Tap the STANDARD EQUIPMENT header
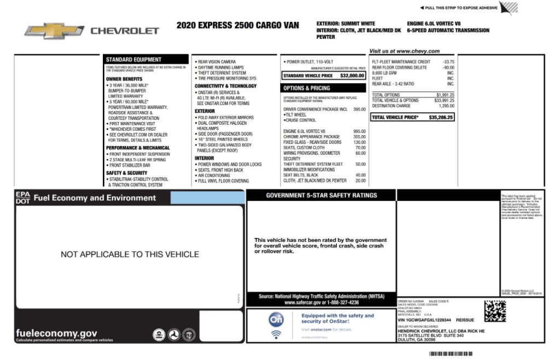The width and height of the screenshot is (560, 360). (133, 59)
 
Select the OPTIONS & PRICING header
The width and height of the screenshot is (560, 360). (306, 88)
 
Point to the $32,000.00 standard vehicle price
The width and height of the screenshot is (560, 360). (352, 76)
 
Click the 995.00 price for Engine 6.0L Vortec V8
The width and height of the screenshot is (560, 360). (359, 131)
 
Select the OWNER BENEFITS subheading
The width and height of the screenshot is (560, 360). (124, 79)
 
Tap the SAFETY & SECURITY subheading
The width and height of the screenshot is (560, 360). (126, 173)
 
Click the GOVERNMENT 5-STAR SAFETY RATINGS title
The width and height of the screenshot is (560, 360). (321, 195)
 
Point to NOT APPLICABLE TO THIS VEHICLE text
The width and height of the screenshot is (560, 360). (130, 254)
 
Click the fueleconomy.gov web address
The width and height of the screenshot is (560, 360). (57, 333)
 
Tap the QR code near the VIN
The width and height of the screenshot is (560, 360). (495, 311)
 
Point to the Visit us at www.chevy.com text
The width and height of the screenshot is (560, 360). (404, 51)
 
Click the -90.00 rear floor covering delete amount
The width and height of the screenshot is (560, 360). (448, 67)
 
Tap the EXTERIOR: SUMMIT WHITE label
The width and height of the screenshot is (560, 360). (346, 24)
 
